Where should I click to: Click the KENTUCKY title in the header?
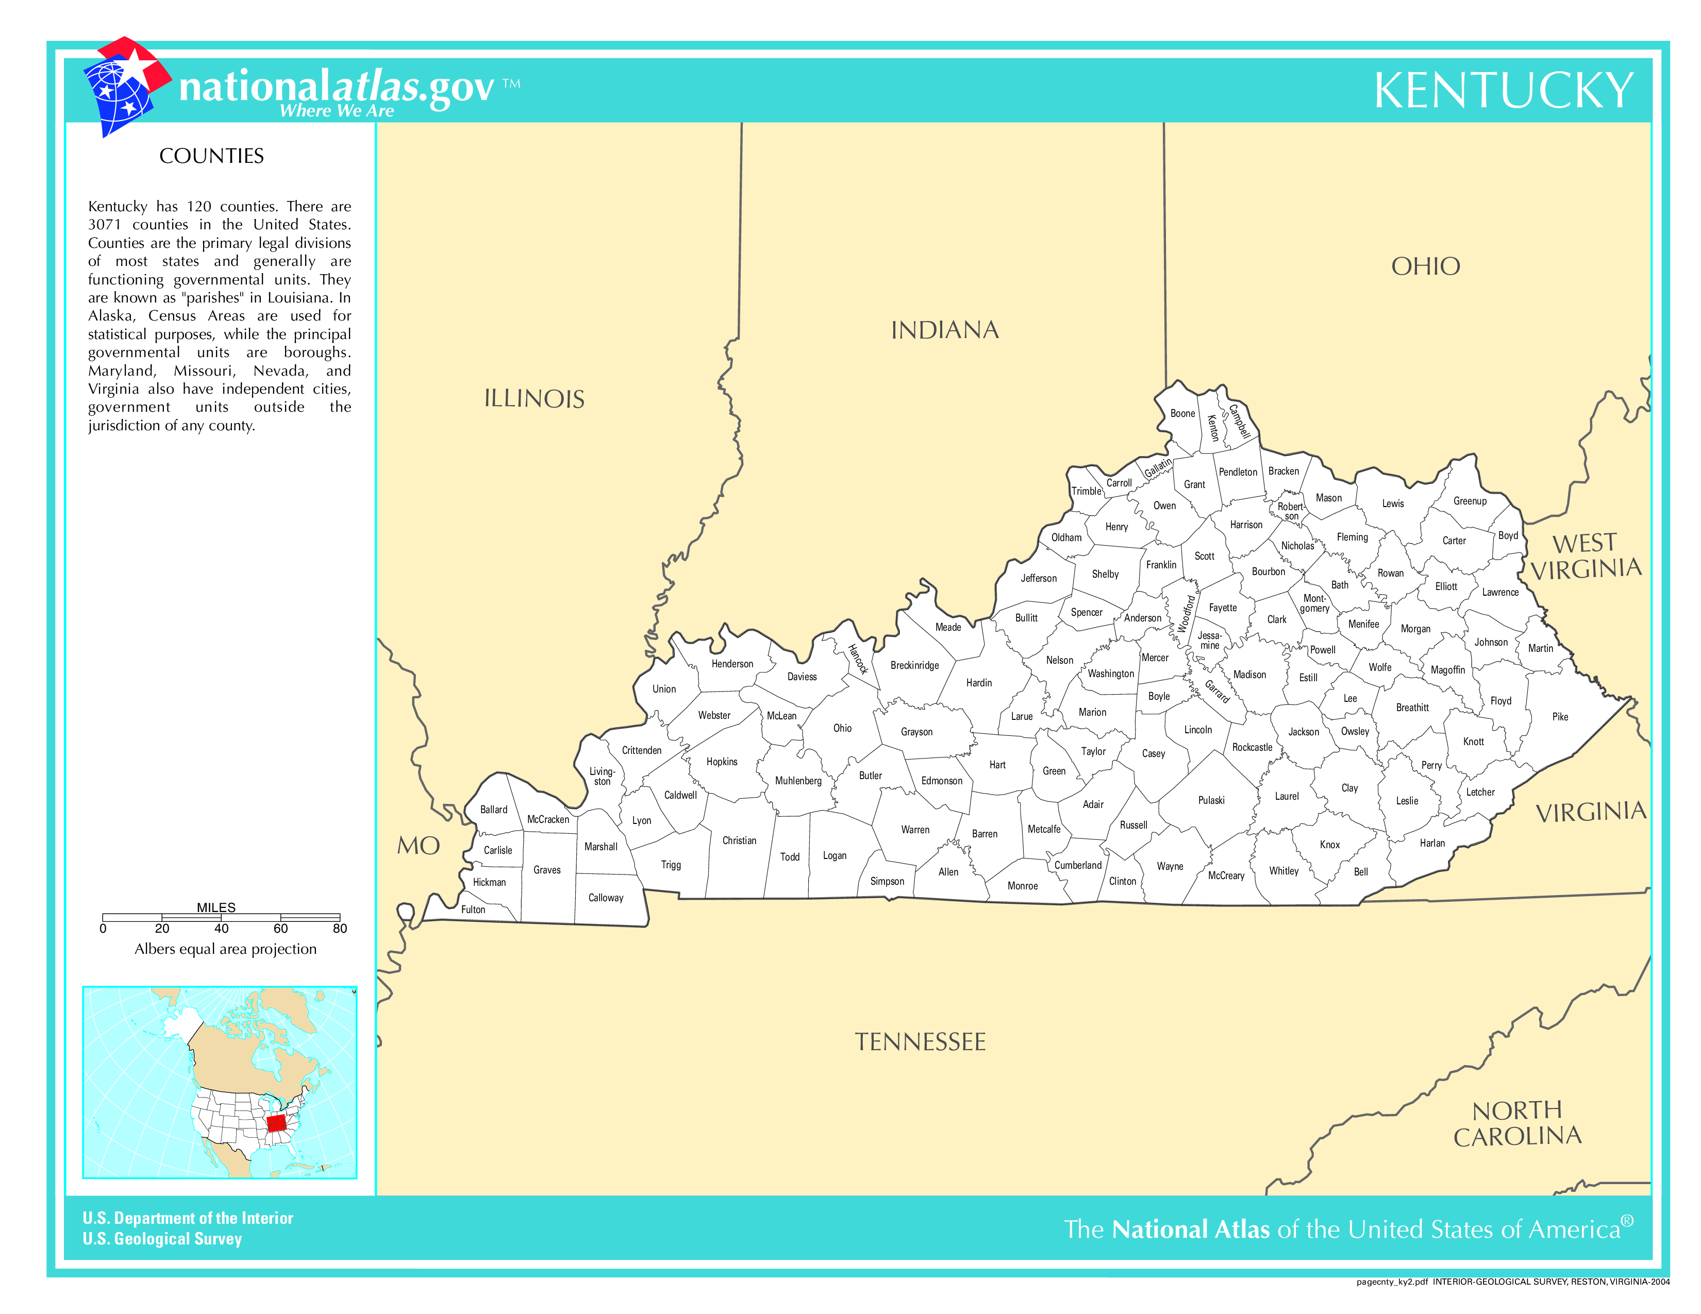(x=1503, y=91)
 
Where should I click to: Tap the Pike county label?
(x=1560, y=717)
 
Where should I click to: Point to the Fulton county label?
(x=473, y=909)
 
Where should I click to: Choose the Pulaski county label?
(x=1211, y=800)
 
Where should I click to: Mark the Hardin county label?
(x=978, y=683)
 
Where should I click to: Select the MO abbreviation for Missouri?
(x=418, y=846)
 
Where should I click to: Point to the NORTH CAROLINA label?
(x=1517, y=1123)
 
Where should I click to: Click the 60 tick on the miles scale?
(x=280, y=928)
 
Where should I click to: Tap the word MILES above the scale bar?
(x=216, y=907)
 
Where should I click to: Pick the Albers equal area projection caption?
(x=225, y=949)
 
